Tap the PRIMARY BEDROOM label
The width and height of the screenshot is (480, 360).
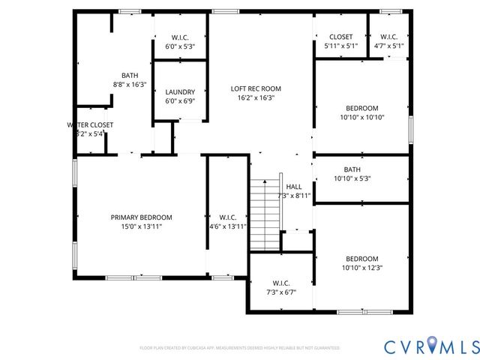(142, 217)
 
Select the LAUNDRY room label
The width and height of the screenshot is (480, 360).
(180, 92)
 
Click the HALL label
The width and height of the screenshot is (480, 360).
(294, 187)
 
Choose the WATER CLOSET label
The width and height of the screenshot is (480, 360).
(90, 124)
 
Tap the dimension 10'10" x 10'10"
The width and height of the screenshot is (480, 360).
(362, 117)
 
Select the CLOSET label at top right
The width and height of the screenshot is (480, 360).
(341, 37)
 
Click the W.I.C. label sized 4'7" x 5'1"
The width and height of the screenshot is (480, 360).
(388, 37)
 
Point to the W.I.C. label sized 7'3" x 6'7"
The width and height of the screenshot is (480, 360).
(281, 283)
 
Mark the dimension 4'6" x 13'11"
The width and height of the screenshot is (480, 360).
(228, 226)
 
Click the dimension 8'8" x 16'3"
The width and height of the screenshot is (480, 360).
(130, 84)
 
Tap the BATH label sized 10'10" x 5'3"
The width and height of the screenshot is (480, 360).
(352, 169)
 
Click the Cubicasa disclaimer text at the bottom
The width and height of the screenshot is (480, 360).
(240, 348)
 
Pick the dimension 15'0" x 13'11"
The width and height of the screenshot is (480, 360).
(142, 226)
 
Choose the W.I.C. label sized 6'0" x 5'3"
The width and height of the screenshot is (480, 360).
(180, 37)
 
